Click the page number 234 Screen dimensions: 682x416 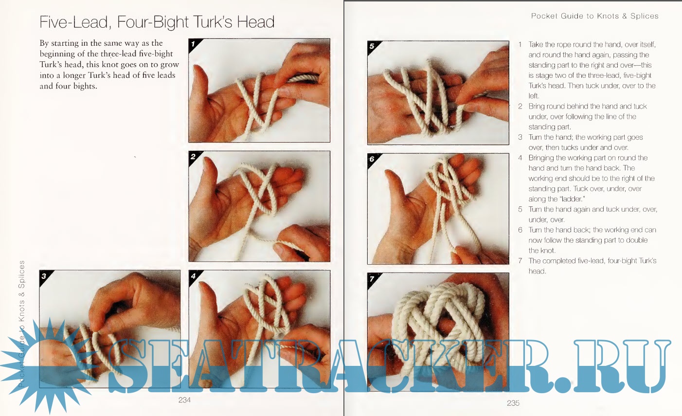coord(184,400)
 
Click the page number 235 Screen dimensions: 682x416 coord(513,403)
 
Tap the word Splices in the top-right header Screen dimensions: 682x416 coord(644,16)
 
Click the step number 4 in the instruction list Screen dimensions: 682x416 coord(520,158)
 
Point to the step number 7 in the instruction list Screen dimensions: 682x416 coord(520,261)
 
